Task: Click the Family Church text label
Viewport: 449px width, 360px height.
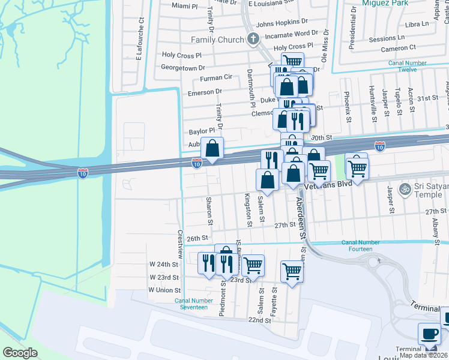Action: pos(217,40)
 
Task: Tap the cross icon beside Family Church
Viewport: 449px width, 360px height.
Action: pos(253,40)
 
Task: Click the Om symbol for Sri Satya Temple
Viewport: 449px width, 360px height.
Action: pos(405,188)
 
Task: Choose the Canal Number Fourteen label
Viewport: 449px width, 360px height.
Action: pos(361,245)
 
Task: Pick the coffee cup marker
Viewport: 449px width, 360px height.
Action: pos(430,334)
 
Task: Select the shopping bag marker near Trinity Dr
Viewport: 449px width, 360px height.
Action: pos(212,148)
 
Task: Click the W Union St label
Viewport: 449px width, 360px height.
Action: pos(164,290)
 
